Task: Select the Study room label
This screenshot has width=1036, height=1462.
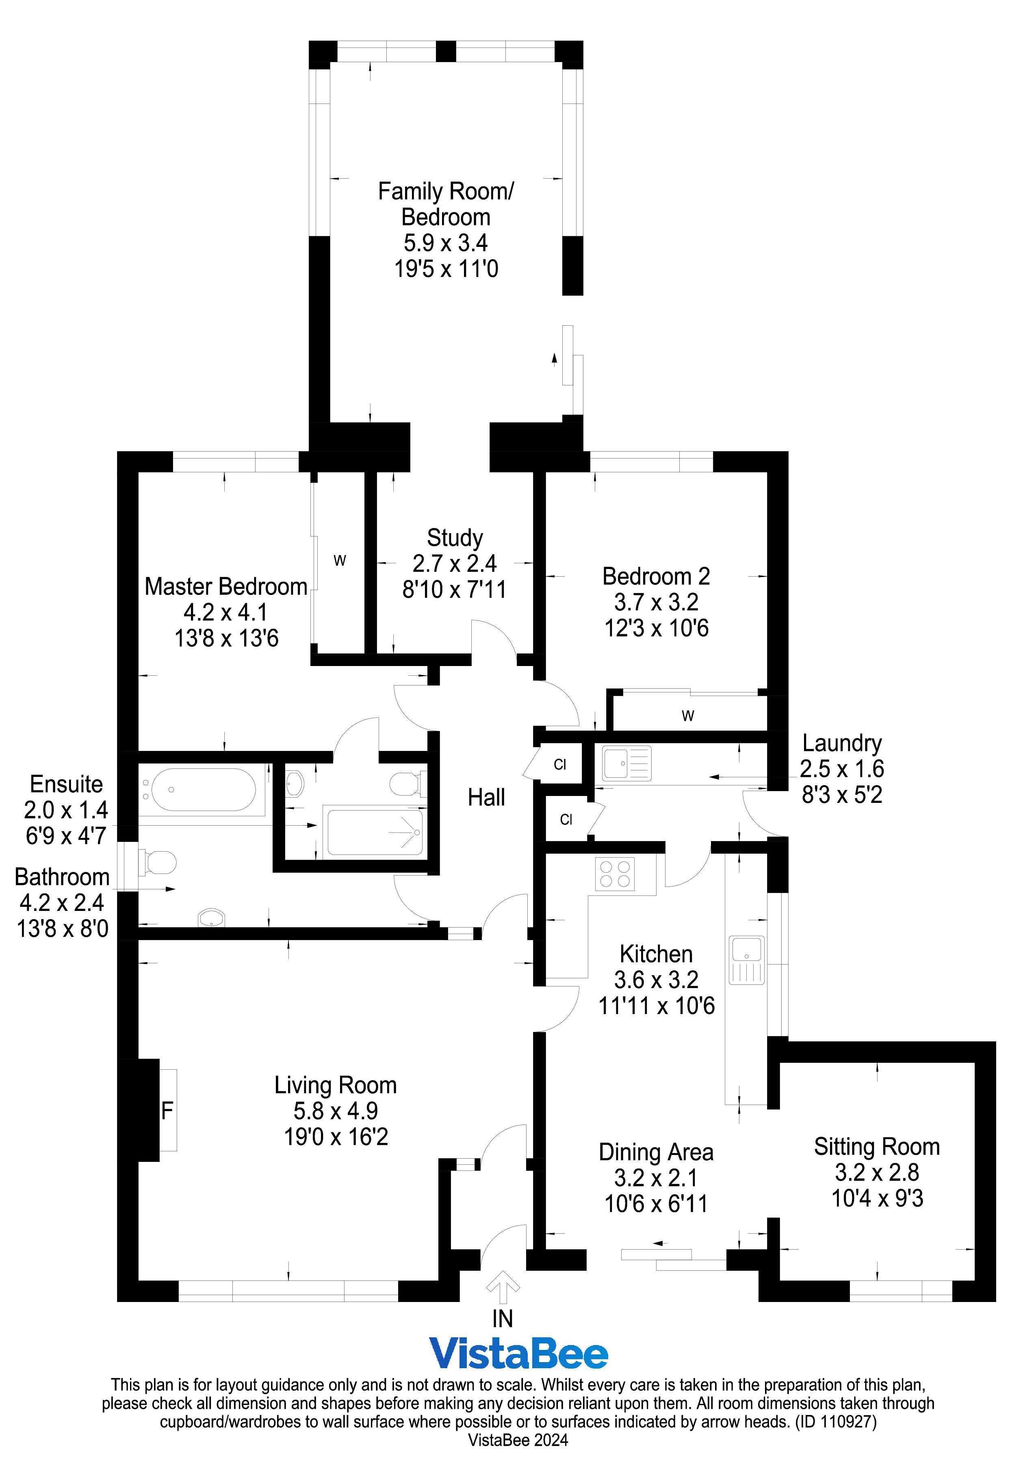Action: pos(454,538)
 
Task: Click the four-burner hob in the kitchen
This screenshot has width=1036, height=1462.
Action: pos(615,874)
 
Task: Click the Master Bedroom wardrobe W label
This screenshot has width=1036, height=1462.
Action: pos(340,561)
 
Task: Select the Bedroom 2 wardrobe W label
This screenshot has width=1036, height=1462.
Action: pos(688,716)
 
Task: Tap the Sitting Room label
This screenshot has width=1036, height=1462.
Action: pos(876,1146)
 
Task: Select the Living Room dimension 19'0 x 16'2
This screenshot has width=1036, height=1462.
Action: pos(336,1136)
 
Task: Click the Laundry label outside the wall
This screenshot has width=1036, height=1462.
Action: pos(841,743)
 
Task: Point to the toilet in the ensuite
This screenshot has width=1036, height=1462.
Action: pos(405,784)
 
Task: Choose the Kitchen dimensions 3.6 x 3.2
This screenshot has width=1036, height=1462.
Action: pos(656,980)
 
